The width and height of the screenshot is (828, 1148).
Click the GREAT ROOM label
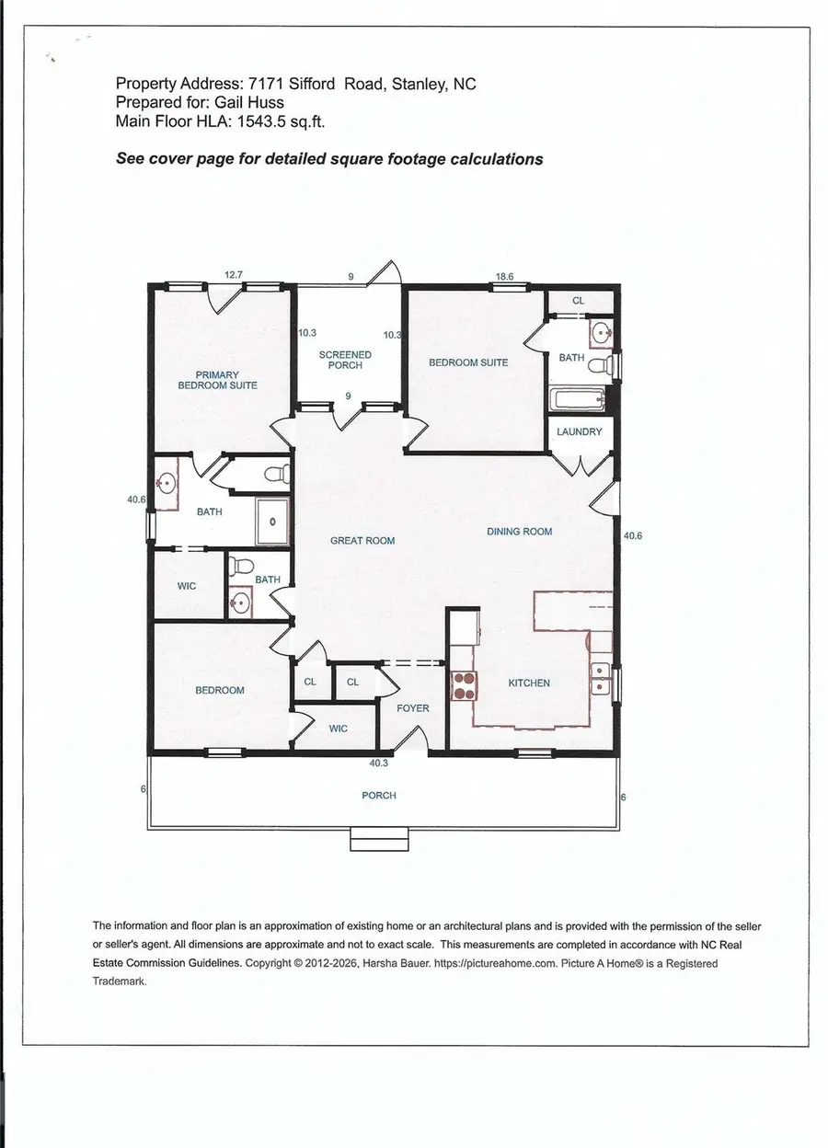tap(362, 541)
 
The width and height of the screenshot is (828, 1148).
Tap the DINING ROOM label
tap(519, 532)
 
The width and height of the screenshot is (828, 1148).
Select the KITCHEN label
tap(529, 683)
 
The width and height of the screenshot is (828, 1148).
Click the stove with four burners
tap(463, 685)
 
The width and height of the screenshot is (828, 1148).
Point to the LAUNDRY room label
tap(579, 431)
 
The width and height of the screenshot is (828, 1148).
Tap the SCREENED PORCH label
tap(345, 360)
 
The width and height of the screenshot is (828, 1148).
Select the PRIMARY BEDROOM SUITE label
tap(217, 380)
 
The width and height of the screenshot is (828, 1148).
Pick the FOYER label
tap(413, 709)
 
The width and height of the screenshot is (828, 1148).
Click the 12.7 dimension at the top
tap(235, 274)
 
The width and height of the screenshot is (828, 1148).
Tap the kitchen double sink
tap(601, 678)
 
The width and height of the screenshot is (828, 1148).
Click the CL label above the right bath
tap(579, 301)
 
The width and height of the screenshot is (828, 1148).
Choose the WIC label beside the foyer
tap(336, 729)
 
